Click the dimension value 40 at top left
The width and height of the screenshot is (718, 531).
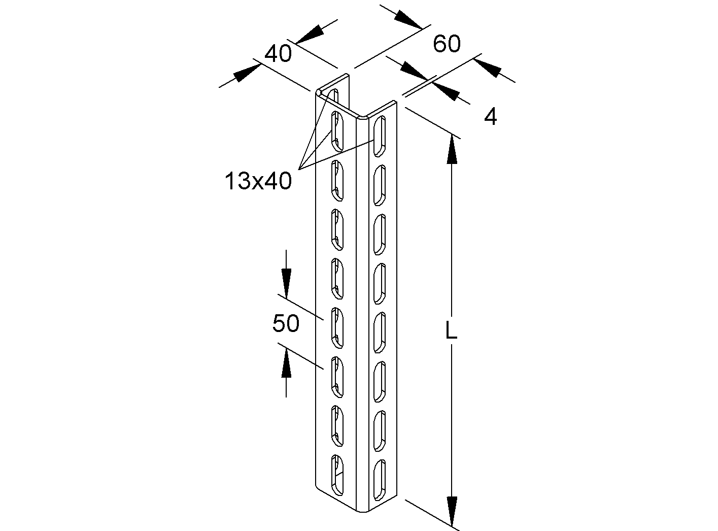tap(278, 53)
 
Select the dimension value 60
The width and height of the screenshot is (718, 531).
tap(447, 44)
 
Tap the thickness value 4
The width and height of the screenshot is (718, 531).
tap(490, 118)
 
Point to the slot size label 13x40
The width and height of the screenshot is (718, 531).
tap(258, 181)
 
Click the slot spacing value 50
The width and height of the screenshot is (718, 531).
tap(286, 323)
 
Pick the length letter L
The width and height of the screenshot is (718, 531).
tap(451, 331)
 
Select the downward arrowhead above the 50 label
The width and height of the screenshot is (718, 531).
tap(286, 280)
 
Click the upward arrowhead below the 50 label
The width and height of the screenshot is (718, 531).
tap(286, 364)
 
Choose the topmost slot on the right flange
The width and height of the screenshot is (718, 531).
tap(379, 136)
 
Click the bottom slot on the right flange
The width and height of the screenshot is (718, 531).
tap(379, 479)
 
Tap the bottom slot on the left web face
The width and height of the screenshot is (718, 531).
tap(336, 475)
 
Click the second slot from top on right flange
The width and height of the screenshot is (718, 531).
tap(379, 186)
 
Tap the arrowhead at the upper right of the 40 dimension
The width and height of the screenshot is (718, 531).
tap(311, 33)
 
